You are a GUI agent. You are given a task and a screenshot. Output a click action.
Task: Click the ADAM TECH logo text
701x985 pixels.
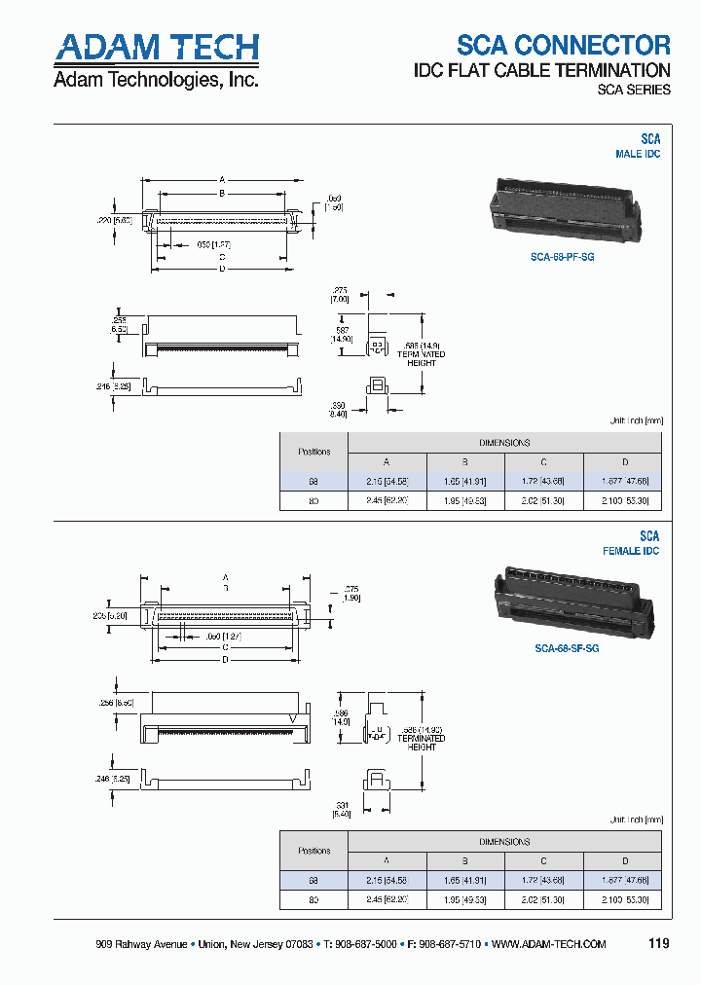(x=156, y=48)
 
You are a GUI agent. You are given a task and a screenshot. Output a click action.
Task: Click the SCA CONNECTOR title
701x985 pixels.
(x=564, y=45)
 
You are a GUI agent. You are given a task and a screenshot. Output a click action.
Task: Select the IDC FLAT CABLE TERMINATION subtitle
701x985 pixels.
(x=541, y=70)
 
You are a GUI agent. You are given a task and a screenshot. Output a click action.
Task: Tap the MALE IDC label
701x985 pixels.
(x=638, y=155)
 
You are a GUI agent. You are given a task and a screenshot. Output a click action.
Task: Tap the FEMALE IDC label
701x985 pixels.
(x=631, y=552)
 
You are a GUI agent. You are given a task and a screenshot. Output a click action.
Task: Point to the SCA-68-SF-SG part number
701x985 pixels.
(x=567, y=647)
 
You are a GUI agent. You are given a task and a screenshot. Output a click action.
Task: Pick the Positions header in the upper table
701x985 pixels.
(x=314, y=452)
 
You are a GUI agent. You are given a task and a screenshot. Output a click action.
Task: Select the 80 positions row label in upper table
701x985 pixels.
(x=314, y=501)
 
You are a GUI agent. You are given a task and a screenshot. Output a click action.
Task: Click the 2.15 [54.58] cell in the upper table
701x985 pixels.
(x=387, y=482)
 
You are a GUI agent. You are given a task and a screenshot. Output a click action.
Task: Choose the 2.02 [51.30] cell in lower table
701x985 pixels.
(x=544, y=900)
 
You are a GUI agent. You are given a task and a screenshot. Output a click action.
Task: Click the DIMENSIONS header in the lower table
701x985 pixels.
(x=504, y=841)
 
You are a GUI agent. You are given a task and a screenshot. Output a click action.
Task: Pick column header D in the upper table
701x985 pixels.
(x=624, y=462)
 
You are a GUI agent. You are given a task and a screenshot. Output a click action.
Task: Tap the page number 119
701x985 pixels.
(x=658, y=943)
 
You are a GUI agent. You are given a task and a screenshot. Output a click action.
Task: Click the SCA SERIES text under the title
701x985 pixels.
(x=633, y=90)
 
